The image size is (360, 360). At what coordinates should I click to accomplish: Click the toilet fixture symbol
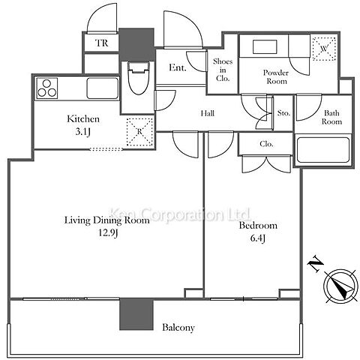click(139, 77)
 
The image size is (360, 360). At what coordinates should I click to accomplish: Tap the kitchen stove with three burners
click(47, 88)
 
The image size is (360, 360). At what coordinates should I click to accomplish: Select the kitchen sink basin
click(103, 88)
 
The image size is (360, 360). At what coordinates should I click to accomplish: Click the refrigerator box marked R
click(139, 132)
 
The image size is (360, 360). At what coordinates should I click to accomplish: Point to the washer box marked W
click(324, 49)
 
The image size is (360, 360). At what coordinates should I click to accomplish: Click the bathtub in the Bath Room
click(323, 150)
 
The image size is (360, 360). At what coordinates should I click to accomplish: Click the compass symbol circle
click(340, 286)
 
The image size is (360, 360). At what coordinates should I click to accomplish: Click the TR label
click(102, 43)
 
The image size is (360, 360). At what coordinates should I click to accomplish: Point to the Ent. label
click(178, 67)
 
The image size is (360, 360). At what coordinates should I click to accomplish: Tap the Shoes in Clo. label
click(223, 70)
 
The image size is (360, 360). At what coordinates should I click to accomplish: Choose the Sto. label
click(283, 113)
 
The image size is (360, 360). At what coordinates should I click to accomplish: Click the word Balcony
click(178, 328)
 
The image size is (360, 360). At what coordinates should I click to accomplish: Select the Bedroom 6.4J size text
click(257, 238)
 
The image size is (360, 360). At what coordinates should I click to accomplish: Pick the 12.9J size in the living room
click(108, 232)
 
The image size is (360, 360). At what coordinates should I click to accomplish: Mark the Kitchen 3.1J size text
click(82, 131)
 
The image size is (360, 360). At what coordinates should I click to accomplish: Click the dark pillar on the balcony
click(136, 314)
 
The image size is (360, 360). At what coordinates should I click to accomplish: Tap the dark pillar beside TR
click(136, 44)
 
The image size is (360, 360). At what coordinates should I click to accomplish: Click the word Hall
click(208, 113)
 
